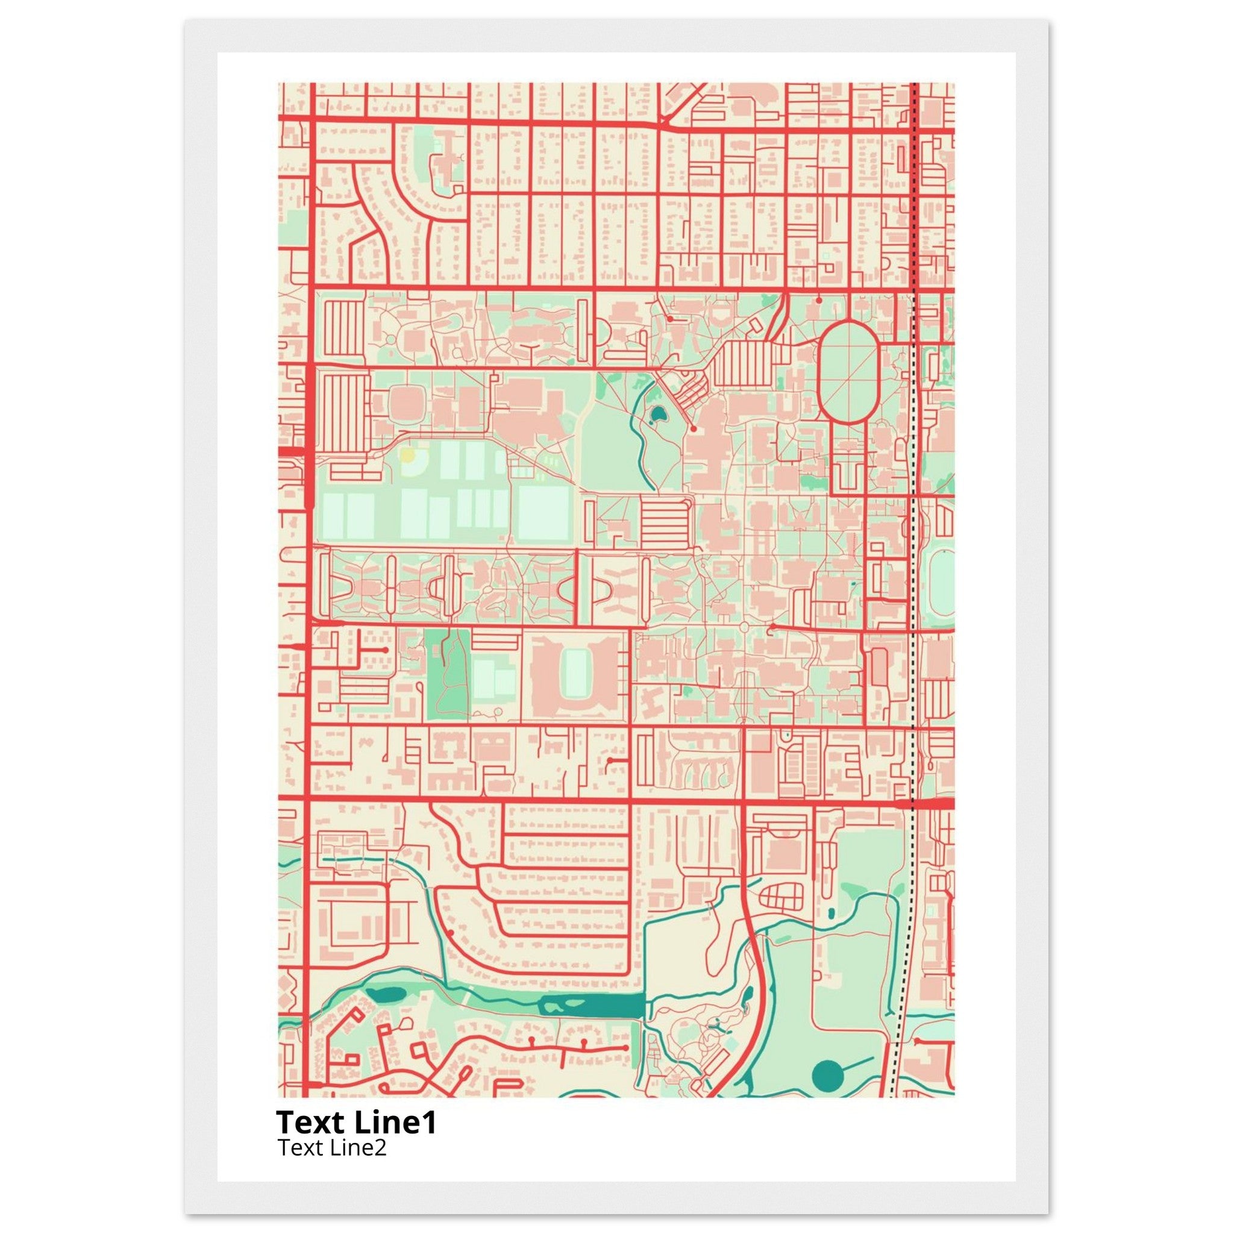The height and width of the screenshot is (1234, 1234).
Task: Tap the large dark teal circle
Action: (x=828, y=1076)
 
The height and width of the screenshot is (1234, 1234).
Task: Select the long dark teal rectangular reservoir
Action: (x=591, y=1006)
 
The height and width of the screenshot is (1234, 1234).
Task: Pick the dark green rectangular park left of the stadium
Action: (x=447, y=674)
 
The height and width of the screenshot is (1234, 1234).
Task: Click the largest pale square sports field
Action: (x=543, y=513)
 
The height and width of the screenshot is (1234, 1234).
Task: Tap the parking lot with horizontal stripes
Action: (x=662, y=519)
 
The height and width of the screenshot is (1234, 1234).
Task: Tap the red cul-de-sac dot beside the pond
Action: (x=693, y=429)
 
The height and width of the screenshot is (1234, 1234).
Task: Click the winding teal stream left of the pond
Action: (x=640, y=447)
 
